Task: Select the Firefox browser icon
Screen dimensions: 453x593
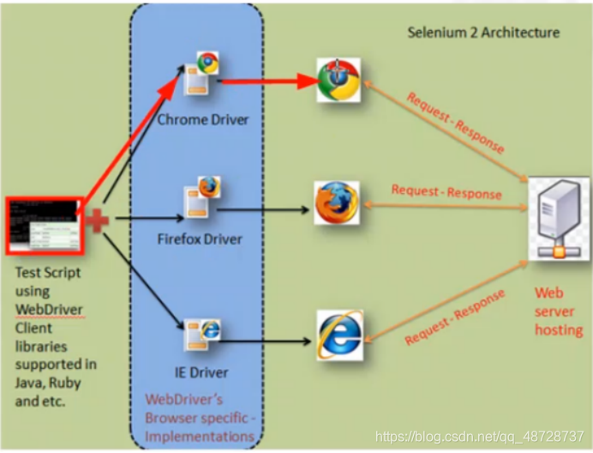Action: click(336, 202)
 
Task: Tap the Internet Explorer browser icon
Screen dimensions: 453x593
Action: click(339, 335)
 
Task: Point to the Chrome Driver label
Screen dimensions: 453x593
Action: click(203, 119)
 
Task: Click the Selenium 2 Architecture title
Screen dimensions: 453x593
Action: click(483, 33)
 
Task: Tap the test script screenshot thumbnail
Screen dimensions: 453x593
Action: click(44, 226)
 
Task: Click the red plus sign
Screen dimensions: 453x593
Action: click(97, 220)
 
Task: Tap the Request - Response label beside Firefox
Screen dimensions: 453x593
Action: click(446, 190)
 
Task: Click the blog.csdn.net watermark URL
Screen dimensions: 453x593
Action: click(480, 436)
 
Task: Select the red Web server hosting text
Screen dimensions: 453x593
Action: click(559, 311)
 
